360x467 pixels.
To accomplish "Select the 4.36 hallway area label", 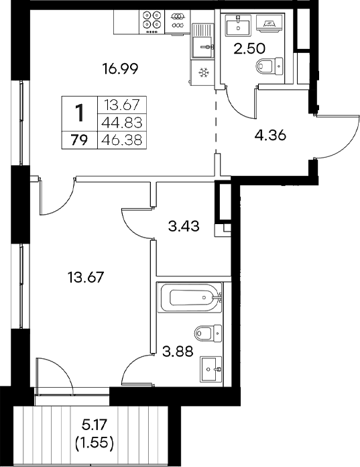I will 272,134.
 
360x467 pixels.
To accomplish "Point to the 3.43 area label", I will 181,227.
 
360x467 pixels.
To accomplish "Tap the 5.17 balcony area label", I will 93,425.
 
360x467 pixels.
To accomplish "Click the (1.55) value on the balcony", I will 93,442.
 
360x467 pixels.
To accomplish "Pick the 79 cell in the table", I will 79,140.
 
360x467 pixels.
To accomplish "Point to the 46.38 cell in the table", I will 123,140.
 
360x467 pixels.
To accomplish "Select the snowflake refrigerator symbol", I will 202,72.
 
